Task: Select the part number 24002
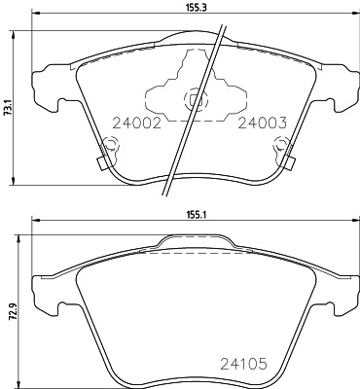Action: tap(136, 124)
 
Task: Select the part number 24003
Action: tap(263, 124)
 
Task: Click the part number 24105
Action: tap(244, 364)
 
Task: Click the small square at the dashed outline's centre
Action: tap(194, 100)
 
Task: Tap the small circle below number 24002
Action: tap(111, 145)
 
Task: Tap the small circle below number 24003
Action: tap(281, 145)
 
